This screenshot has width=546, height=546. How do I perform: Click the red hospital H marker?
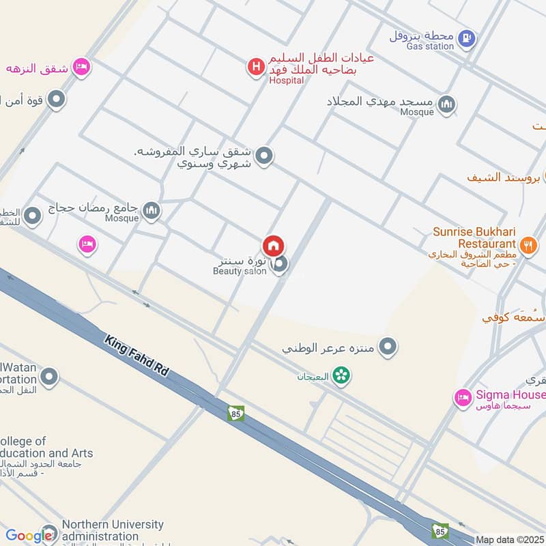point(256,67)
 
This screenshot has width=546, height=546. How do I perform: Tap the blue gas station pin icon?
point(467,38)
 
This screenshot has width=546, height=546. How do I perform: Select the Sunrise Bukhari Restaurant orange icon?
point(528,244)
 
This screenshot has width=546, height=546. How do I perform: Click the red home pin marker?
point(274,246)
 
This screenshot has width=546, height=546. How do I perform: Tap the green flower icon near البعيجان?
point(343,375)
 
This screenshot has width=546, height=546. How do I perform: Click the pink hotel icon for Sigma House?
point(463,397)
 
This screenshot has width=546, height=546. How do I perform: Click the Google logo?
point(29,536)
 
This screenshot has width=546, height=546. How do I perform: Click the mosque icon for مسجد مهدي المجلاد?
point(447,104)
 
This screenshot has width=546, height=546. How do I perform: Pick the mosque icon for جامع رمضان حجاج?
point(152,211)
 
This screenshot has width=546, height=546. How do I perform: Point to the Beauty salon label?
point(240,271)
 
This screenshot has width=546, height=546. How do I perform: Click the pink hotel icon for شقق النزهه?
point(82,67)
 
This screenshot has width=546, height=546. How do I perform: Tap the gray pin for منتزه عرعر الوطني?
point(388,347)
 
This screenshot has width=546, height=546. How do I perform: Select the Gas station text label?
point(430,46)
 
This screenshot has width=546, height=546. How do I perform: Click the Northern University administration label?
point(113,530)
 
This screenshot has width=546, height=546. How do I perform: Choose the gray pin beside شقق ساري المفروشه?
point(265,156)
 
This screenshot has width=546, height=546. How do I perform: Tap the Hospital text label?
point(287,80)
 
